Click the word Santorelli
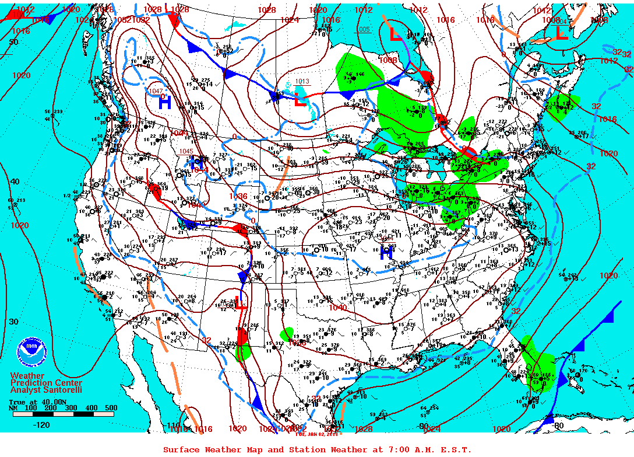[x=61, y=390]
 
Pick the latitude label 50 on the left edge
[x=13, y=42]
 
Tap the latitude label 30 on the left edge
[x=13, y=322]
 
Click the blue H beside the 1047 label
[x=165, y=103]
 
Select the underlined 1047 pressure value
[x=156, y=91]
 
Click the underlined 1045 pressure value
[x=186, y=151]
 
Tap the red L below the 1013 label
[x=300, y=100]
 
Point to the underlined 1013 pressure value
[x=302, y=82]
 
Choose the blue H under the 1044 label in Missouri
[x=386, y=252]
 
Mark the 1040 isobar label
[x=337, y=308]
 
